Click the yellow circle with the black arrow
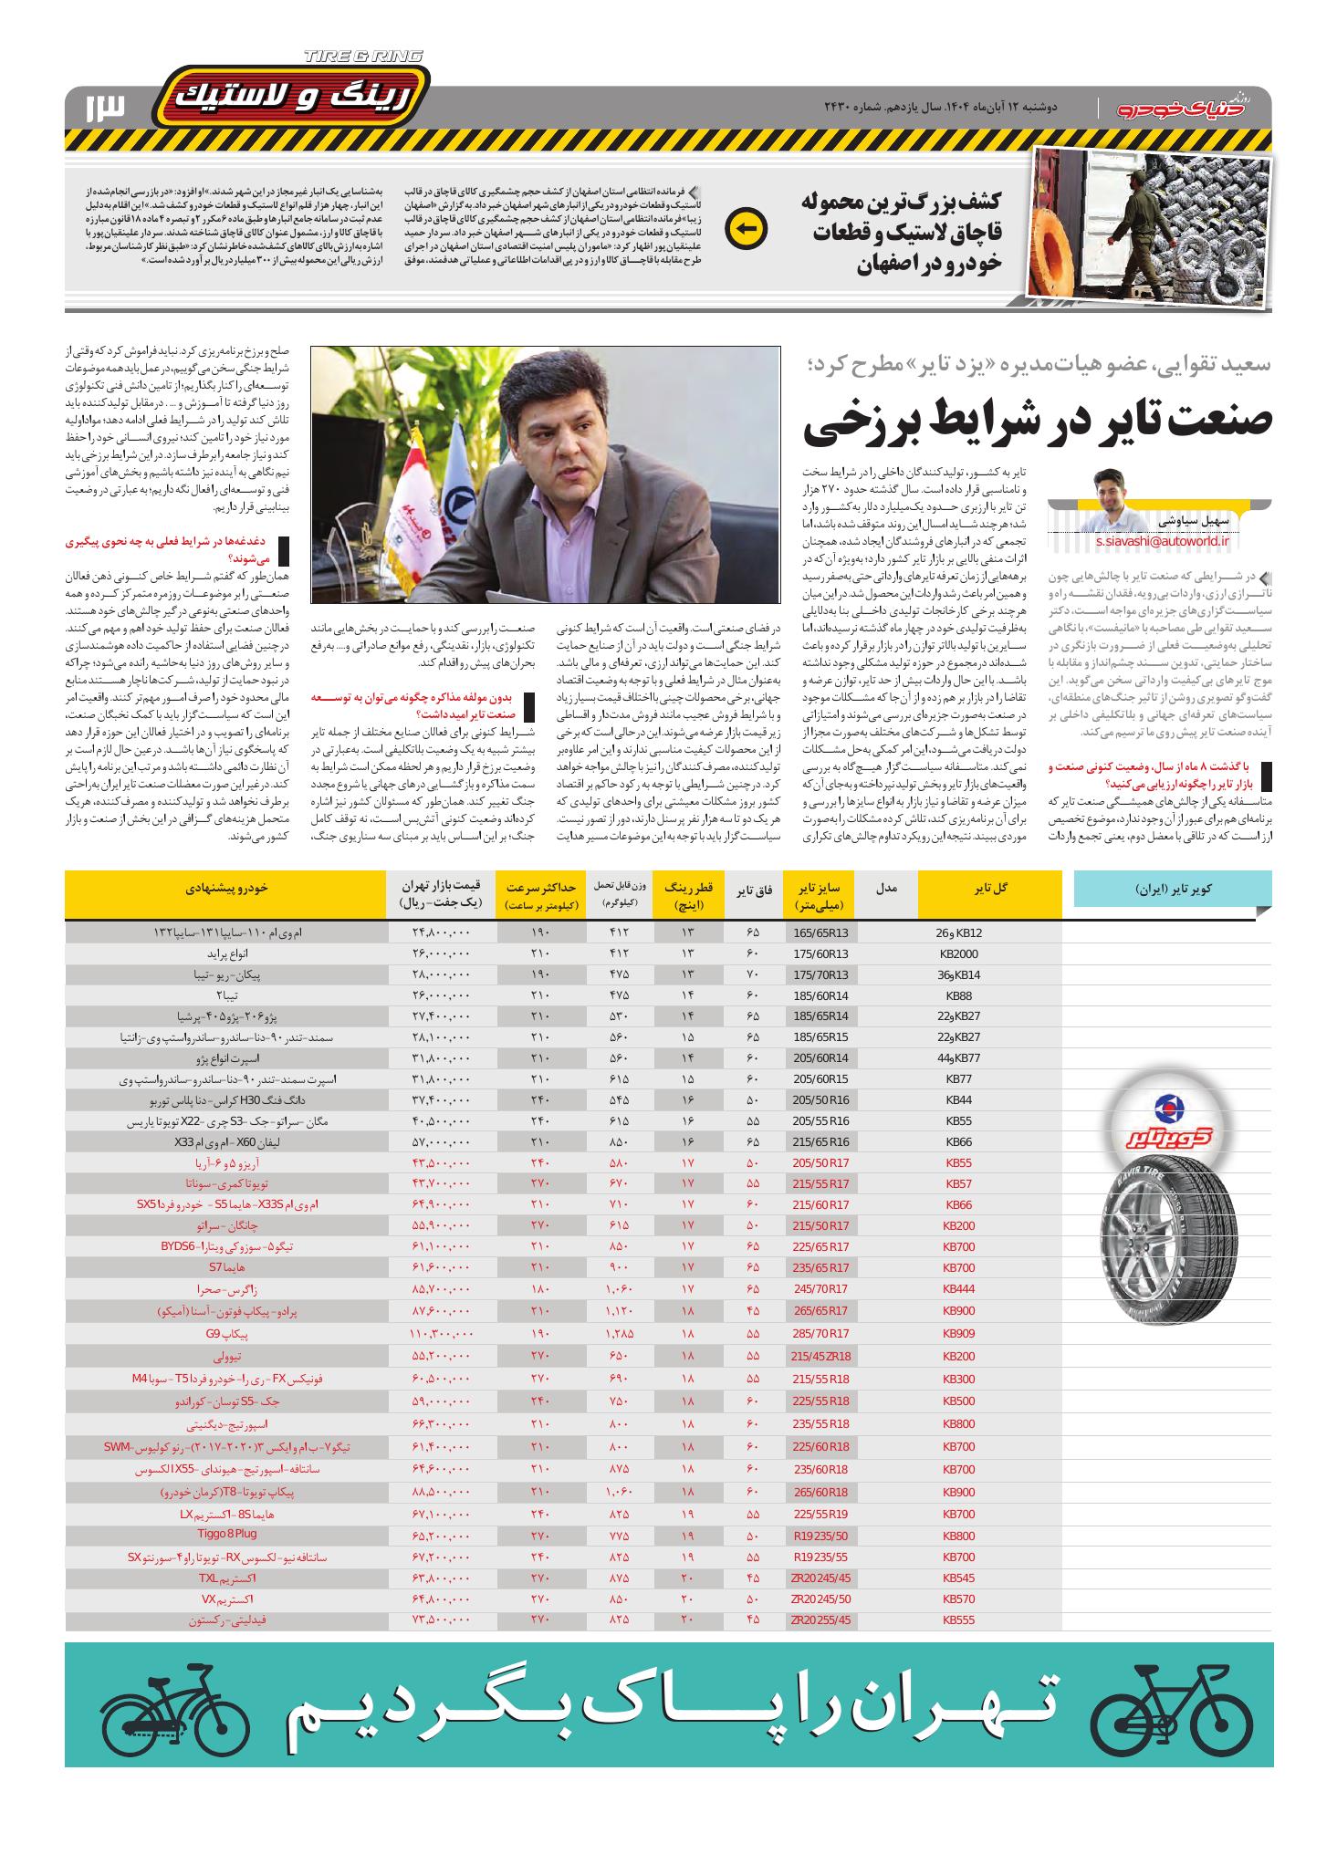tap(745, 228)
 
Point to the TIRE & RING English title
tap(363, 57)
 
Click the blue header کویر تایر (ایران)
tap(1174, 888)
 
